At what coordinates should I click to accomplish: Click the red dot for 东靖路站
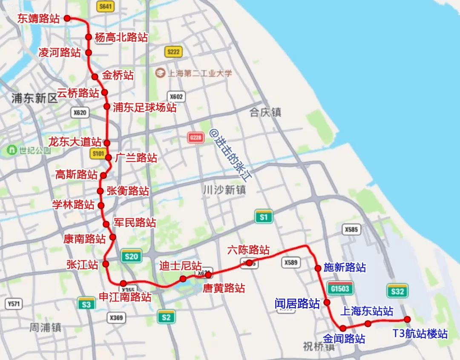[67, 18]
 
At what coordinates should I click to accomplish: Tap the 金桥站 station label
[118, 76]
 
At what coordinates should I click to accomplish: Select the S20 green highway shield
[131, 256]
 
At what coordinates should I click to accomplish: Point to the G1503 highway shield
[339, 288]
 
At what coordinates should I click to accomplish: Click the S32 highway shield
[397, 291]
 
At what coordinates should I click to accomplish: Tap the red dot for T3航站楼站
[407, 320]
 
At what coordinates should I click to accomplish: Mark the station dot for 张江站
[105, 263]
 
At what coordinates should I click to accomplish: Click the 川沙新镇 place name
[224, 190]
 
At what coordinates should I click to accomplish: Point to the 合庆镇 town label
[265, 112]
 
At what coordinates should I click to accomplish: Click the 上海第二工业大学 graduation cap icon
[160, 73]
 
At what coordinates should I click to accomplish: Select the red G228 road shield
[195, 138]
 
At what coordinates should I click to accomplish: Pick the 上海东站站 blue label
[366, 311]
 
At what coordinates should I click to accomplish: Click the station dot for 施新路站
[318, 268]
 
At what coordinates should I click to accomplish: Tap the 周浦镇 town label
[45, 328]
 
